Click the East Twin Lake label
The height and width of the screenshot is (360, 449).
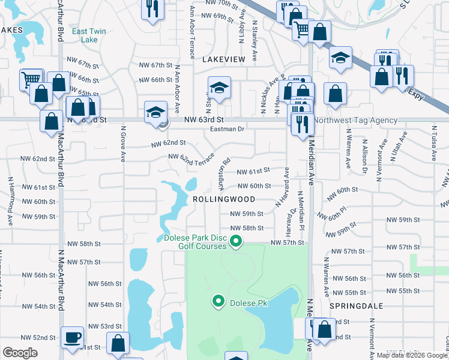pyautogui.click(x=85, y=35)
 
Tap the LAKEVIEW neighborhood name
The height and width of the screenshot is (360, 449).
pyautogui.click(x=224, y=59)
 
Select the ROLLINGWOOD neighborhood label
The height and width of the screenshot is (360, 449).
pyautogui.click(x=224, y=199)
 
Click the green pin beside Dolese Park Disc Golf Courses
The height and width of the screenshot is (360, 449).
pyautogui.click(x=237, y=242)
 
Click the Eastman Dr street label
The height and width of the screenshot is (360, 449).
pyautogui.click(x=228, y=129)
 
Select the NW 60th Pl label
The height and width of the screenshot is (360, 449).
pyautogui.click(x=333, y=214)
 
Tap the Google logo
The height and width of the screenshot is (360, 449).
pyautogui.click(x=20, y=353)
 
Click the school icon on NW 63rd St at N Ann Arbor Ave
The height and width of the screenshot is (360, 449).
pyautogui.click(x=155, y=112)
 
